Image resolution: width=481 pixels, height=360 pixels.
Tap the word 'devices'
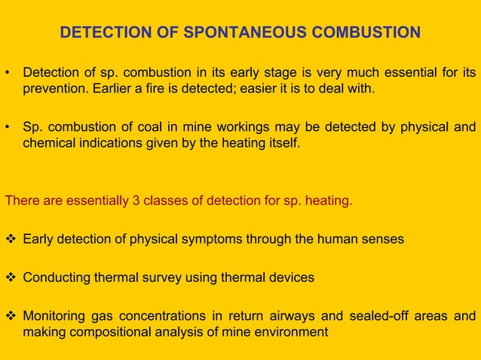coord(293,277)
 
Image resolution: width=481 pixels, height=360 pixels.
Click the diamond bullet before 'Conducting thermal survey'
coord(11,277)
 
